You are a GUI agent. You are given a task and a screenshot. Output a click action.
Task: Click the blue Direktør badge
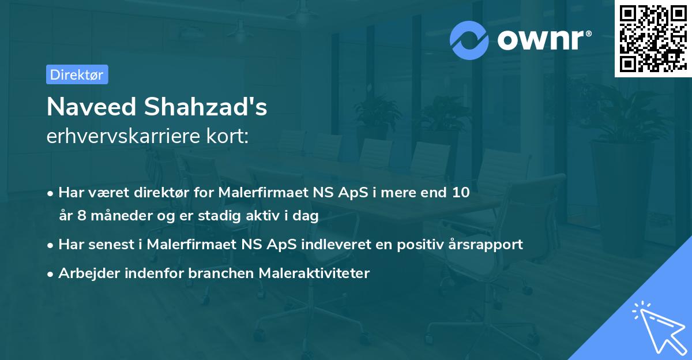(77, 74)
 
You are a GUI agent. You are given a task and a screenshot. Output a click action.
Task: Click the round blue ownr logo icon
(469, 40)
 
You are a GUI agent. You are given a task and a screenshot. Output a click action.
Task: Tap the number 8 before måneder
(79, 216)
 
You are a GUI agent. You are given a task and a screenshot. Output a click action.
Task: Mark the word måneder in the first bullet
(113, 216)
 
